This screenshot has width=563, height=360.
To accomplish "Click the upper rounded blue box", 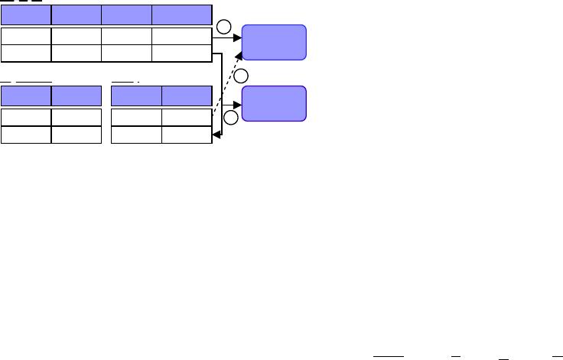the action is [x=274, y=42].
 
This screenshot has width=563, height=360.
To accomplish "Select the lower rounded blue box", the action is [x=274, y=104].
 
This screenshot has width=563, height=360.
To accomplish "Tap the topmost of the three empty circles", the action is [x=223, y=29].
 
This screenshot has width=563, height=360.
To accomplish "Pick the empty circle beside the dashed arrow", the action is [x=241, y=76].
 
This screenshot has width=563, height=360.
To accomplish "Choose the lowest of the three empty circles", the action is [x=230, y=117].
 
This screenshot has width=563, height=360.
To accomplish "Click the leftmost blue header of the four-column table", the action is [x=26, y=15].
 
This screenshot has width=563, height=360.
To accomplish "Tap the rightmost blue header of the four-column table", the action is [x=182, y=15].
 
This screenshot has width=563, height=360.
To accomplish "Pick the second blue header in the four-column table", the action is [x=76, y=15].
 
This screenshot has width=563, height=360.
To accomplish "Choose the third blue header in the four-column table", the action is [x=127, y=15].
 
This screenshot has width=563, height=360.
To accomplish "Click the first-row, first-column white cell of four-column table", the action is [x=26, y=37].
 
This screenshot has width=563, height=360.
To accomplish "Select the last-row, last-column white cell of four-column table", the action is [x=182, y=53].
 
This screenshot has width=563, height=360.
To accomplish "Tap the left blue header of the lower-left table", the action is [x=26, y=96].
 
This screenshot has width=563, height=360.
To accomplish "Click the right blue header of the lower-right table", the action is [x=187, y=96].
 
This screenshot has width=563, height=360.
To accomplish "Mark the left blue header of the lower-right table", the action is [x=136, y=96].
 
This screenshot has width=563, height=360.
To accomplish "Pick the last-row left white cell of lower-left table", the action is [x=26, y=134].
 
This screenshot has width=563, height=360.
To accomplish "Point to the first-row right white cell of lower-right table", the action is [x=187, y=117].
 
